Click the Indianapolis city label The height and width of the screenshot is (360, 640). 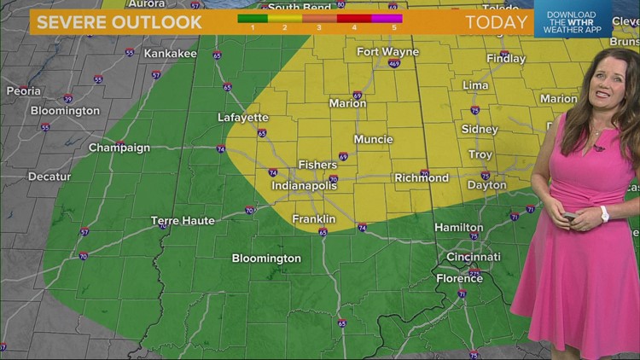(x=305, y=185)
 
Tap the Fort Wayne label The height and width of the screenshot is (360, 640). (x=387, y=52)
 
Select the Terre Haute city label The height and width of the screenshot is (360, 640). (x=183, y=221)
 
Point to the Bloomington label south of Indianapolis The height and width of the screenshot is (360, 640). (x=266, y=258)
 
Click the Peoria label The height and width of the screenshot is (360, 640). (x=23, y=90)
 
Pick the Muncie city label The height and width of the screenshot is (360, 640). (x=373, y=139)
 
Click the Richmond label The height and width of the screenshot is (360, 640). (x=421, y=178)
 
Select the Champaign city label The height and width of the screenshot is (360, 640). (x=119, y=148)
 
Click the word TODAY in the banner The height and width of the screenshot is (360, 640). (x=497, y=22)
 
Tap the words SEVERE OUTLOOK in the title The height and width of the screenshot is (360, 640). (x=119, y=22)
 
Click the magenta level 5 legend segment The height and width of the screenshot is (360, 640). (x=387, y=17)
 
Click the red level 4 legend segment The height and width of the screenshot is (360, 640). (x=353, y=17)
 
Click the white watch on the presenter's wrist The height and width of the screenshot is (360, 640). (x=604, y=213)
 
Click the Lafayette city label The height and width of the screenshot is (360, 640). (x=243, y=118)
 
